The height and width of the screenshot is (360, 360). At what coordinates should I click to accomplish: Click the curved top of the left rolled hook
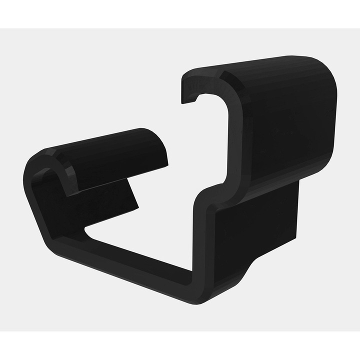click(100, 142)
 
